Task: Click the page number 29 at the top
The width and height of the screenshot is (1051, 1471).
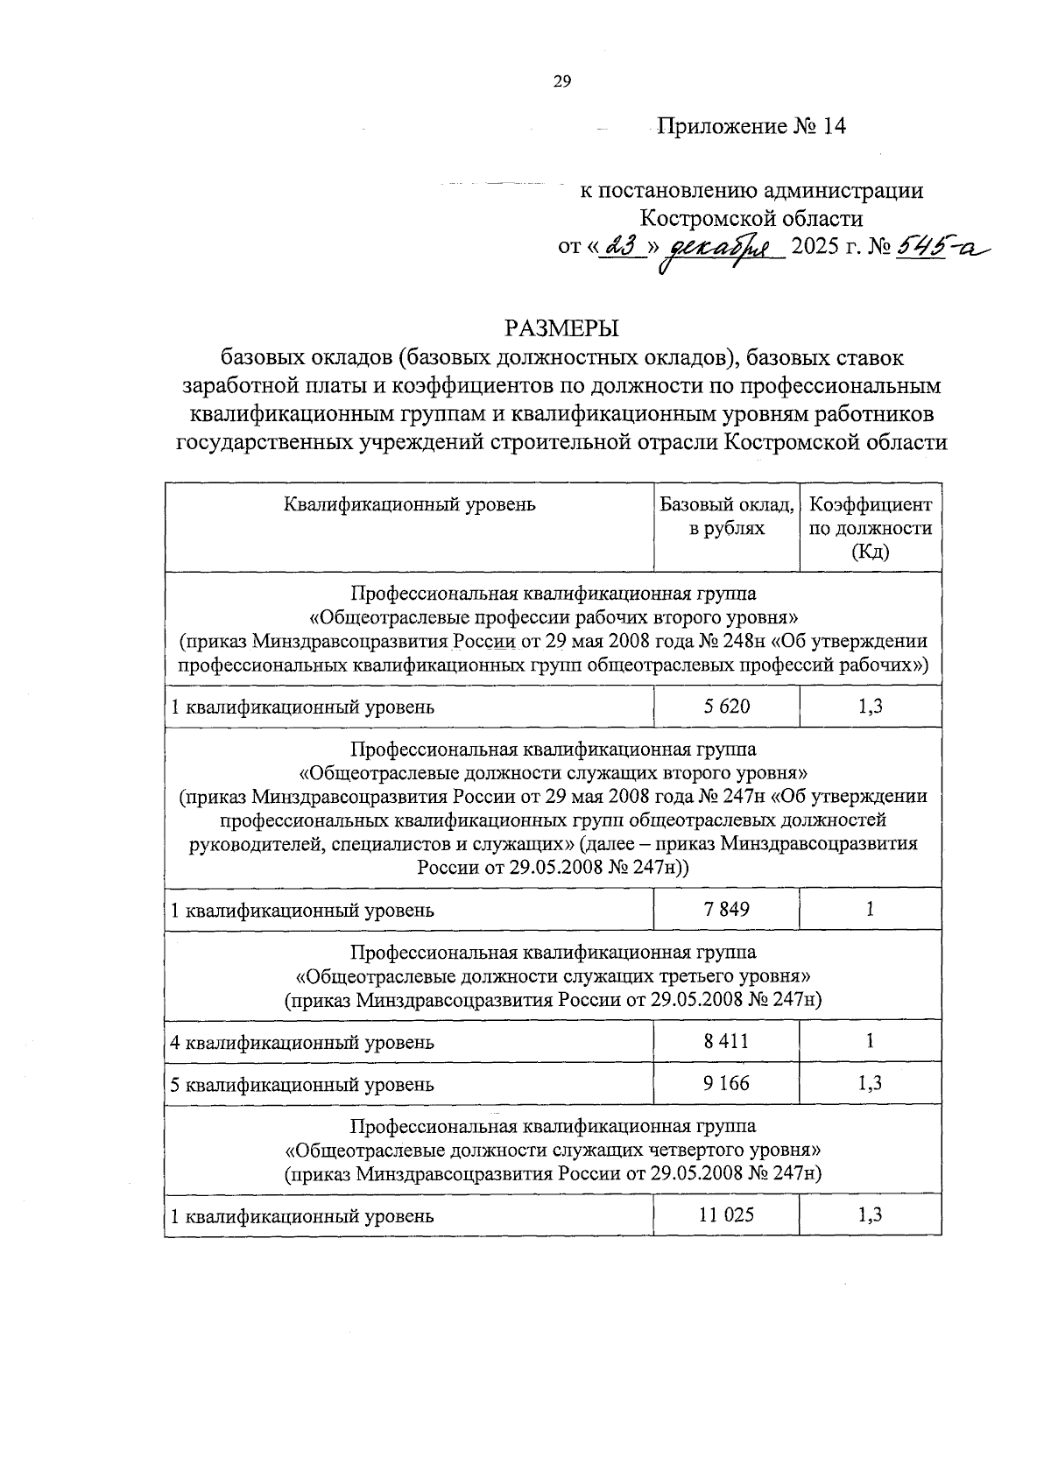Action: point(561,81)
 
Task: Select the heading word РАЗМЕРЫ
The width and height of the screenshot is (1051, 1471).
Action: point(561,328)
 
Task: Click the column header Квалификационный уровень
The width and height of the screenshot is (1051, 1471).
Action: point(409,504)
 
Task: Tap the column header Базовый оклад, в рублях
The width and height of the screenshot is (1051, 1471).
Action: point(727,517)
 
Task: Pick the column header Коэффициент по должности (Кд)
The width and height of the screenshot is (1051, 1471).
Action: point(870,528)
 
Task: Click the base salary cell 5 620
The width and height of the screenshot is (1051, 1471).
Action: point(727,706)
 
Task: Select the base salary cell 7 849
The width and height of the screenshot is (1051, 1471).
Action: point(727,909)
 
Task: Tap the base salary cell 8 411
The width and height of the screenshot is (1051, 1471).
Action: point(727,1041)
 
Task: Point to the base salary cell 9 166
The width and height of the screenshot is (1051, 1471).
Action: point(727,1083)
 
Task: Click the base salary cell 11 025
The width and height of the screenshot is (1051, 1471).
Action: point(727,1214)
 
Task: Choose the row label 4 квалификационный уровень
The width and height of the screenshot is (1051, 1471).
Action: point(302,1042)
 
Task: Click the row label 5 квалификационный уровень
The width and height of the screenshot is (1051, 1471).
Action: point(302,1084)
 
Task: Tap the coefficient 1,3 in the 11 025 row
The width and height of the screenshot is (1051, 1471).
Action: point(870,1214)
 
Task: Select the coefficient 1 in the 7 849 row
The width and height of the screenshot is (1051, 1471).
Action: point(870,909)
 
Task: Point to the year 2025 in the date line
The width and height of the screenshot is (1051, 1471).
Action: point(815,248)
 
